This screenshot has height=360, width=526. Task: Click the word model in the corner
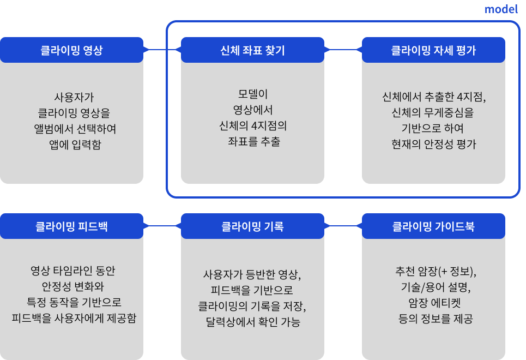(501, 9)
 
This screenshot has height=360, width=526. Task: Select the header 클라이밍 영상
(71, 50)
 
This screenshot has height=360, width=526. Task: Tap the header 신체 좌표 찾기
(252, 50)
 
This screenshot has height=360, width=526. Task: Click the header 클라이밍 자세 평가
(433, 50)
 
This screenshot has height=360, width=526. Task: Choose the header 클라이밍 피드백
(71, 226)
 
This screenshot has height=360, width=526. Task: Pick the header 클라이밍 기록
(252, 226)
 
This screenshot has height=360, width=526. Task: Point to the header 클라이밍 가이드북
(433, 226)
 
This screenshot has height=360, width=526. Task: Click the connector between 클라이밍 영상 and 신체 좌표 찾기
(162, 50)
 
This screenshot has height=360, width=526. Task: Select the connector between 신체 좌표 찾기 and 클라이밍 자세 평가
(343, 50)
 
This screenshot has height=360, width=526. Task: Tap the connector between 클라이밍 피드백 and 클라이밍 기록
(162, 226)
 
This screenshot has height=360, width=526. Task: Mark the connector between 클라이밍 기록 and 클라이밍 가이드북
(343, 226)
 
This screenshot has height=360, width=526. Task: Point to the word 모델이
(252, 94)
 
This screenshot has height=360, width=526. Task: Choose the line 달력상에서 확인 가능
(253, 322)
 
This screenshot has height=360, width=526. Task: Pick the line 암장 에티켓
(433, 303)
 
